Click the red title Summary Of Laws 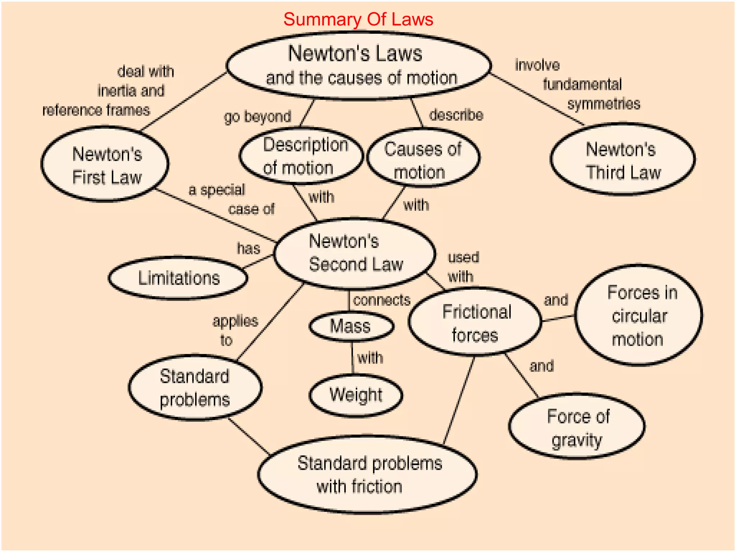click(358, 19)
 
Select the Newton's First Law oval click(105, 165)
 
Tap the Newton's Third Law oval click(622, 160)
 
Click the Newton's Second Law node click(355, 253)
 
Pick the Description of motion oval click(301, 156)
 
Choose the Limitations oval click(178, 278)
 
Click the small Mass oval click(351, 326)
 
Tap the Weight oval click(356, 395)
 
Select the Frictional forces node click(475, 323)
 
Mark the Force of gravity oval click(577, 427)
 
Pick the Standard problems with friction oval click(367, 474)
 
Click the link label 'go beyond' click(257, 117)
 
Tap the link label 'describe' click(456, 115)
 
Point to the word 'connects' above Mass click(382, 300)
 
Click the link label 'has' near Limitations click(248, 248)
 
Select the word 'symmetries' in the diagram click(604, 104)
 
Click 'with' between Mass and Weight click(370, 358)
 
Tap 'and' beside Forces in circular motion click(556, 300)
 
